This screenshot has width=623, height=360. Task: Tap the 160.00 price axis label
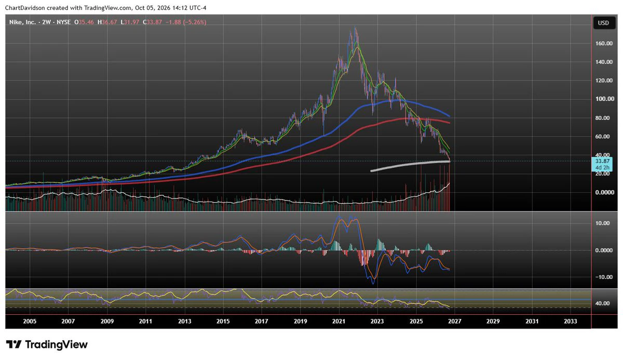[x=604, y=44]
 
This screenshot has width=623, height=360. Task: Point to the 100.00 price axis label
[x=605, y=99]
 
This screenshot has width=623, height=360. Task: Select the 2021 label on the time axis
[x=338, y=322]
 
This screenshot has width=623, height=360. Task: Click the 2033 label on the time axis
[x=570, y=322]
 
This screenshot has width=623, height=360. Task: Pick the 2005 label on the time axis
[x=30, y=322]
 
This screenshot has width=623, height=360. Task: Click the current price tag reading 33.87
[x=602, y=161]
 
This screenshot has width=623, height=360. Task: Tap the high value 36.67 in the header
[x=110, y=22]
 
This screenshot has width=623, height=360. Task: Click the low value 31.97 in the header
[x=131, y=22]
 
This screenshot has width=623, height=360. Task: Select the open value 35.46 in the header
[x=86, y=22]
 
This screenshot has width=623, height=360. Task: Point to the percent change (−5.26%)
[x=194, y=22]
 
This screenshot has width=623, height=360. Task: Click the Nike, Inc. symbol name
[x=22, y=22]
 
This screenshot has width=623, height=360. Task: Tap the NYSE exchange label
[x=64, y=22]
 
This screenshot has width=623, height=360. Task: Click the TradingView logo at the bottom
[x=47, y=344]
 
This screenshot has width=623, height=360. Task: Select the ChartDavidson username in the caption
[x=25, y=8]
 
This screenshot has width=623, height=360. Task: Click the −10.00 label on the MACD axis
[x=603, y=277]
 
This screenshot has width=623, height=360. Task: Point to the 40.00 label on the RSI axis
[x=602, y=303]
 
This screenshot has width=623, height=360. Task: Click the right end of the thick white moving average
[x=450, y=162]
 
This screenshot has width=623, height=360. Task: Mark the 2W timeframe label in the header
[x=46, y=22]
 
